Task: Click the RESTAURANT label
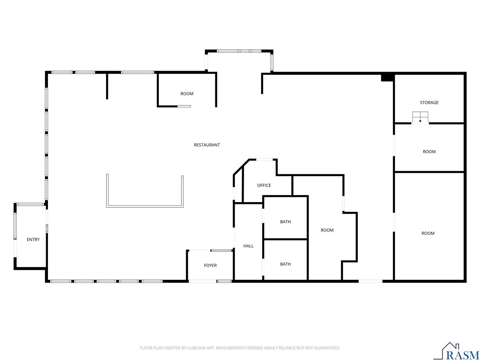tap(207, 145)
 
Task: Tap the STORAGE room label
tap(429, 102)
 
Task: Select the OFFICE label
tap(264, 185)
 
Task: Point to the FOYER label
tap(210, 265)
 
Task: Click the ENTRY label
tap(33, 240)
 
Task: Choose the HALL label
tap(248, 246)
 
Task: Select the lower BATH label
tap(285, 264)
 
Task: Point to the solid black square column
tap(387, 78)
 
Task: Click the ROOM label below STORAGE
tap(429, 152)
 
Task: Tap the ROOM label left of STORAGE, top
tap(187, 94)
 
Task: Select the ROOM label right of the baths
tap(327, 230)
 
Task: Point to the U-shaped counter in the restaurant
tap(144, 206)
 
